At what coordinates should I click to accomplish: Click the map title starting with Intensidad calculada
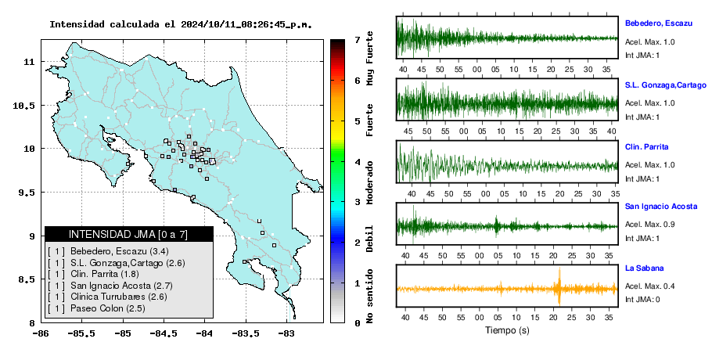click(x=181, y=24)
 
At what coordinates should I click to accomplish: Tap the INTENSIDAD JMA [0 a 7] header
click(x=128, y=234)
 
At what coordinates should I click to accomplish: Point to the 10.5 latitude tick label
click(x=24, y=106)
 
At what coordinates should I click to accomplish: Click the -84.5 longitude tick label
click(x=164, y=333)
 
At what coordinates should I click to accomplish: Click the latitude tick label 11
click(x=29, y=62)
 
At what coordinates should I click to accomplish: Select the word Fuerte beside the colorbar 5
click(x=369, y=120)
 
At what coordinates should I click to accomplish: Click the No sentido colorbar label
click(x=369, y=296)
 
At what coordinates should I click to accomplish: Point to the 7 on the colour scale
click(x=358, y=40)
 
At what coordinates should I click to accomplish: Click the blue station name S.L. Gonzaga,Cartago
click(x=666, y=85)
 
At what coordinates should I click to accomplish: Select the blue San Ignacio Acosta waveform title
click(x=661, y=207)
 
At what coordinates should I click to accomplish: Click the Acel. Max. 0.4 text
click(x=649, y=286)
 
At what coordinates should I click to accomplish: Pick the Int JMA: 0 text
click(x=642, y=300)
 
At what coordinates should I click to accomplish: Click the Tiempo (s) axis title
click(x=507, y=330)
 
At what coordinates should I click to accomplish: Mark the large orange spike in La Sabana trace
click(x=559, y=287)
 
